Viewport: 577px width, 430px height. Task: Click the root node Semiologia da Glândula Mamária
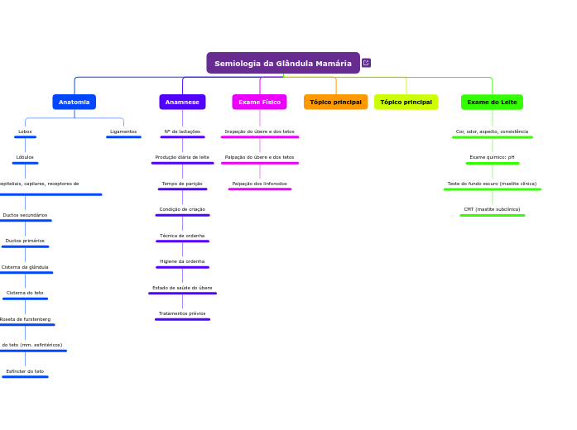pyautogui.click(x=283, y=64)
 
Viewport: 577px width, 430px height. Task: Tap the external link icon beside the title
pyautogui.click(x=366, y=63)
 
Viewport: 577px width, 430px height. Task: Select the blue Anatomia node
pyautogui.click(x=75, y=102)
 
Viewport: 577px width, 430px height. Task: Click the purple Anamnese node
pyautogui.click(x=182, y=102)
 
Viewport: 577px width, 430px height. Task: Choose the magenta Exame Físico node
pyautogui.click(x=259, y=102)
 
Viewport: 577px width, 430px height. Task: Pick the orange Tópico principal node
pyautogui.click(x=335, y=102)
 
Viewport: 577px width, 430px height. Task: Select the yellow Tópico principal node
pyautogui.click(x=406, y=102)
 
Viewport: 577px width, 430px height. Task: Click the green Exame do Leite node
pyautogui.click(x=492, y=102)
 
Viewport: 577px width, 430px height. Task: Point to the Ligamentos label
pyautogui.click(x=123, y=131)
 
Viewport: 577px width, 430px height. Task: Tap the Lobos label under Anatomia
pyautogui.click(x=25, y=131)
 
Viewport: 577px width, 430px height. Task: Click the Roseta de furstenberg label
pyautogui.click(x=25, y=319)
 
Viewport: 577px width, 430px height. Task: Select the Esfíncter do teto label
pyautogui.click(x=25, y=371)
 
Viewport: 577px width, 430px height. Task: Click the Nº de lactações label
pyautogui.click(x=182, y=131)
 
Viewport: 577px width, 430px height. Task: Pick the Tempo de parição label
pyautogui.click(x=182, y=184)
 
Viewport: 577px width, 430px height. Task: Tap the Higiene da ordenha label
pyautogui.click(x=182, y=261)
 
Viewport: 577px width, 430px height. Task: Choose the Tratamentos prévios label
pyautogui.click(x=182, y=313)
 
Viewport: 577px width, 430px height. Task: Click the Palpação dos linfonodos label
pyautogui.click(x=260, y=184)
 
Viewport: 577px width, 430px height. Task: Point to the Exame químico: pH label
pyautogui.click(x=492, y=157)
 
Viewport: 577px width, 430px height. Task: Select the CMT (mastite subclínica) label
pyautogui.click(x=492, y=209)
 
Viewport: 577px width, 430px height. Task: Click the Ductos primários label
pyautogui.click(x=25, y=241)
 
